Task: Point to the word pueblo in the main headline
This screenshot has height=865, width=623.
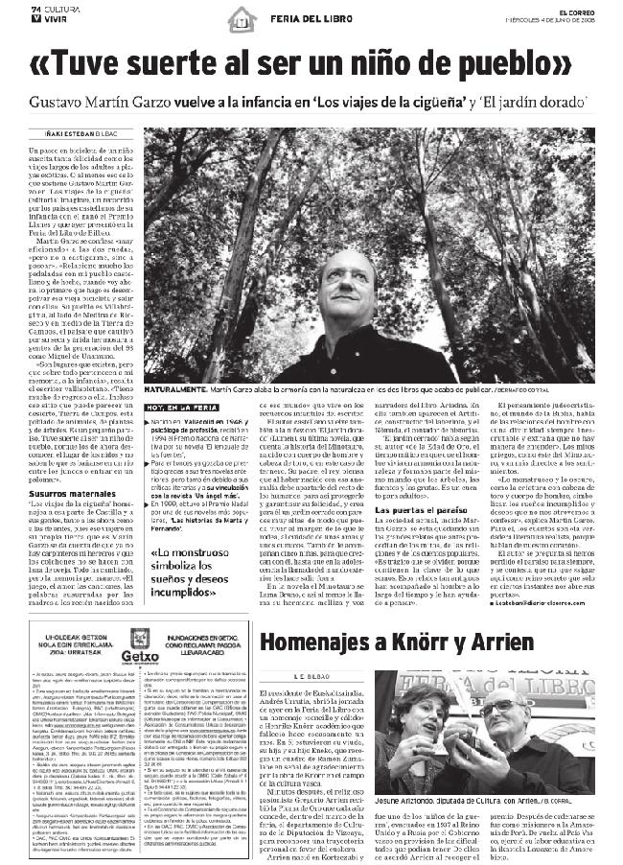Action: (510, 65)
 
